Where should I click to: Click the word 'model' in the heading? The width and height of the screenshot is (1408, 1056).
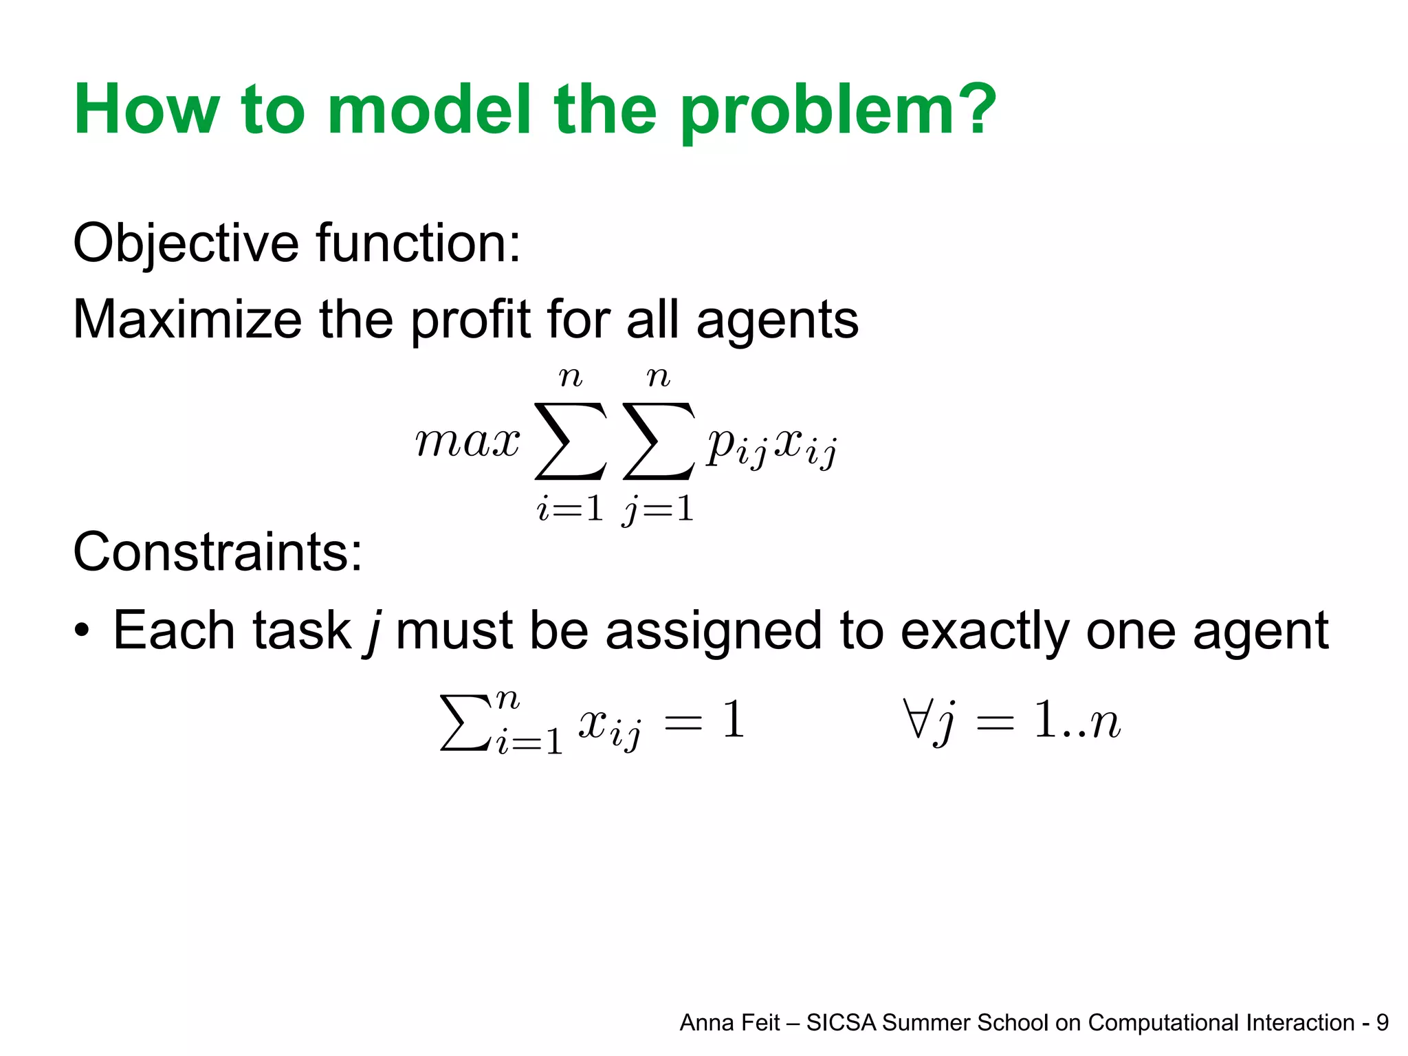coord(429,109)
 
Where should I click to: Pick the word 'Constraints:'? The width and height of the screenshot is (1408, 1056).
coord(217,551)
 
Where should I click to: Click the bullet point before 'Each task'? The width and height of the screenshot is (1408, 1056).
coord(82,630)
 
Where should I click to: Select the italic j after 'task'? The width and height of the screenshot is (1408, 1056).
coord(373,630)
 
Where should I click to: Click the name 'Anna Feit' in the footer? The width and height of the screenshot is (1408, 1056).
coord(729,1023)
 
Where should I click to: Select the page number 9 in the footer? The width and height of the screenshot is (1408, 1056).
coord(1382,1023)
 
